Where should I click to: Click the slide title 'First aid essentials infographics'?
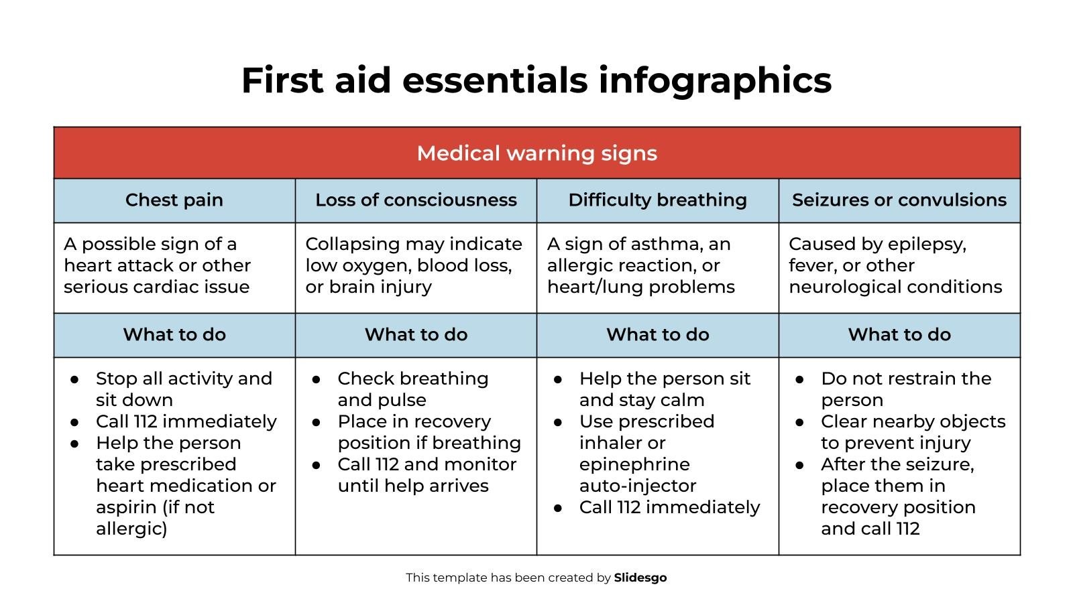pyautogui.click(x=536, y=80)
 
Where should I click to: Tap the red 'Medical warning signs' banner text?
pyautogui.click(x=536, y=153)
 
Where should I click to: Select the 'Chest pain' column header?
pyautogui.click(x=174, y=200)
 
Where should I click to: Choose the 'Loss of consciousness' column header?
pyautogui.click(x=416, y=200)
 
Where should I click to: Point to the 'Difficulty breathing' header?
pyautogui.click(x=657, y=200)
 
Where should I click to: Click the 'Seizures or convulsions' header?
pyautogui.click(x=899, y=200)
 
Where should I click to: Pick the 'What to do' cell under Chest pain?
pyautogui.click(x=174, y=335)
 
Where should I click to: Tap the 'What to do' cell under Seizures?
pyautogui.click(x=899, y=335)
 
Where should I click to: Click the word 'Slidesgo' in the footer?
pyautogui.click(x=640, y=578)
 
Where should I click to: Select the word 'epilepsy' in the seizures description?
pyautogui.click(x=927, y=245)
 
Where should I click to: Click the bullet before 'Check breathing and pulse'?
pyautogui.click(x=317, y=379)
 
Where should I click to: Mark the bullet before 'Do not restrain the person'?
pyautogui.click(x=800, y=379)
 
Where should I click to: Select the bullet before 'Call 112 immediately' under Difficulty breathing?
pyautogui.click(x=558, y=508)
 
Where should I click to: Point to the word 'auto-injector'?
pyautogui.click(x=638, y=486)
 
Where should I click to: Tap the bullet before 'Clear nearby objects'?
pyautogui.click(x=800, y=422)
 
